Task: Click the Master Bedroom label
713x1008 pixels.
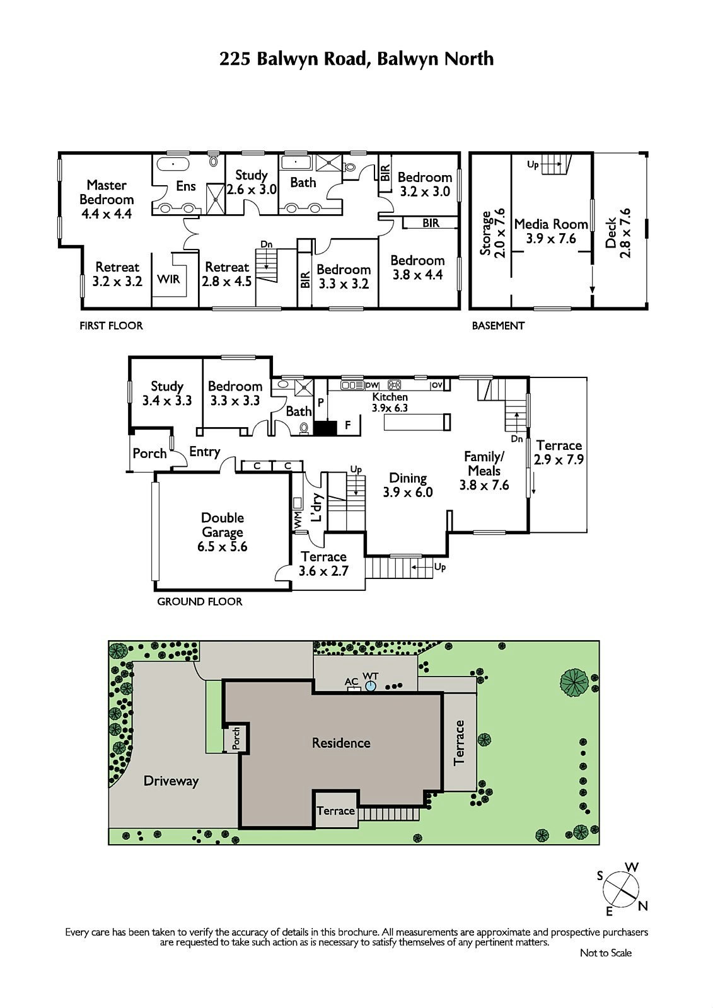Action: click(x=107, y=192)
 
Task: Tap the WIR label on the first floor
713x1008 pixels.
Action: click(x=168, y=280)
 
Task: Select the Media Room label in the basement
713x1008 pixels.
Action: click(x=551, y=224)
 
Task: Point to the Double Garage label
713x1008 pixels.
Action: click(x=223, y=525)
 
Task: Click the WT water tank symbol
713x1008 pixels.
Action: click(x=370, y=686)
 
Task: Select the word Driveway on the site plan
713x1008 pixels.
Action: click(x=171, y=781)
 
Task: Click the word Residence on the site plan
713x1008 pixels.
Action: click(x=341, y=743)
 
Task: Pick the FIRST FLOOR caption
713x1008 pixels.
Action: click(x=111, y=325)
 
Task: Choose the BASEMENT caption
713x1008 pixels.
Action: click(x=498, y=325)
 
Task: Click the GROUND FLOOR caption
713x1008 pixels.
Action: click(x=200, y=601)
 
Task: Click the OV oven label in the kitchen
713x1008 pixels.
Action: click(x=436, y=385)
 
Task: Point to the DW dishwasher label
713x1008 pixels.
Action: click(x=372, y=385)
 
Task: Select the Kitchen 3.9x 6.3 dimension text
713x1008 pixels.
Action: click(x=390, y=403)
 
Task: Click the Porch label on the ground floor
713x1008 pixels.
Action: click(x=149, y=454)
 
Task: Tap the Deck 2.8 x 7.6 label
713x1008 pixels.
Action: click(x=618, y=233)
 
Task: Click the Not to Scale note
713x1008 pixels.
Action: click(x=606, y=953)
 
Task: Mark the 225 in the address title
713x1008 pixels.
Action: click(x=235, y=59)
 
